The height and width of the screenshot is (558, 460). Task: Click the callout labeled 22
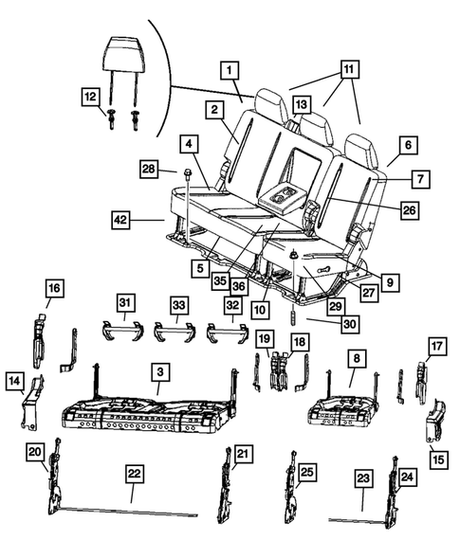(x=134, y=471)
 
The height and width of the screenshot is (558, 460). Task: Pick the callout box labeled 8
(x=357, y=359)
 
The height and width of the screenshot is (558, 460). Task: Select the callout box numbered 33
(x=180, y=304)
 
